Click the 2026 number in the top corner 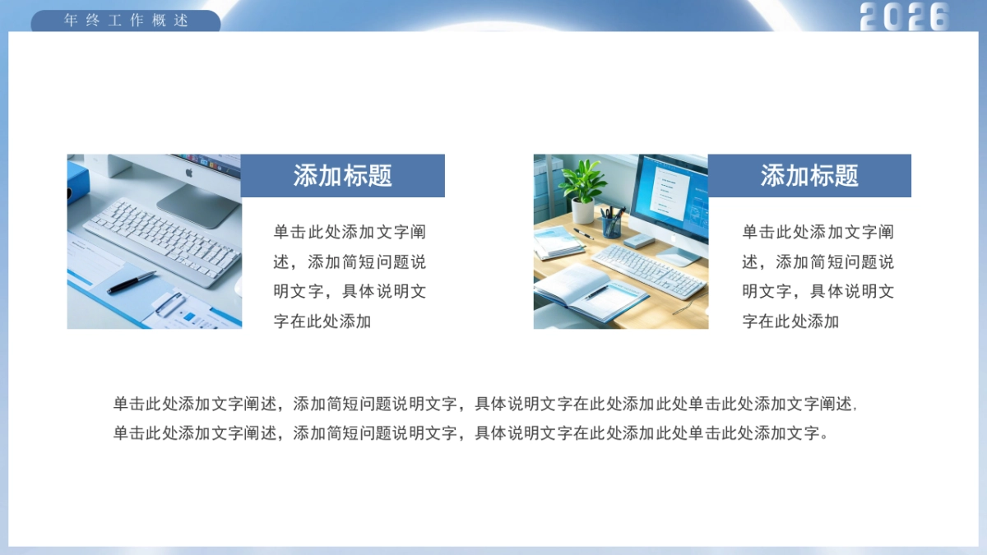(905, 16)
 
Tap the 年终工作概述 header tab (126, 21)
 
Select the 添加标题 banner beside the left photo (342, 175)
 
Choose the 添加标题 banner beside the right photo (809, 175)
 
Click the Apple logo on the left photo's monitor (188, 173)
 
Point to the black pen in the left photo (132, 282)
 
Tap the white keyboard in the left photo (164, 238)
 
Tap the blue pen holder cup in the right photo (611, 226)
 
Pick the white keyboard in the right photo (649, 270)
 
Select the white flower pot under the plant (582, 211)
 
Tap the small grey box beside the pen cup (638, 240)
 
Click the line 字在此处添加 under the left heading (322, 321)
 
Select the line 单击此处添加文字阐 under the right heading (818, 233)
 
